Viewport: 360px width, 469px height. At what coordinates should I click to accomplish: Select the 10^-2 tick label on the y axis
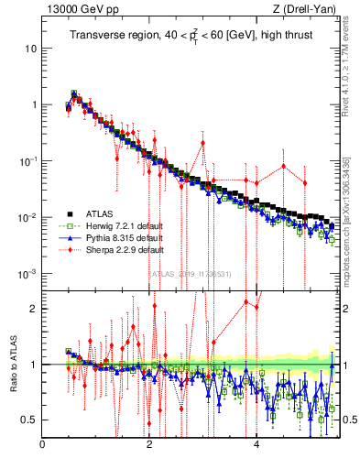click(30, 217)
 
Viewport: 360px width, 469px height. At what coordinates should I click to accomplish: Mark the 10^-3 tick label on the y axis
click(30, 274)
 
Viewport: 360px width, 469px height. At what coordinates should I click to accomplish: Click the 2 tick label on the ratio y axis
click(35, 309)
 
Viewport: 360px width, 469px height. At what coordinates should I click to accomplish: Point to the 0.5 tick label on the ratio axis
click(31, 420)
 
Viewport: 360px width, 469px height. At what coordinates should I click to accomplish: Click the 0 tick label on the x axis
click(43, 446)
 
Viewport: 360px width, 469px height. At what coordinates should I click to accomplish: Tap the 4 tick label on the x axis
click(256, 446)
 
